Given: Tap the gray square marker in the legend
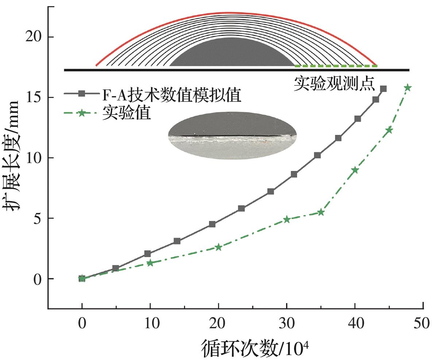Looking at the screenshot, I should [82, 94].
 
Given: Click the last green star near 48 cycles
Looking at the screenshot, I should [408, 88].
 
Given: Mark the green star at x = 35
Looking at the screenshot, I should [321, 212].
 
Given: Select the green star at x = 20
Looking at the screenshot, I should [219, 247].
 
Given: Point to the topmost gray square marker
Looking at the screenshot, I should [383, 89].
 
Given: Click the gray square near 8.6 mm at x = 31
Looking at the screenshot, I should [294, 175].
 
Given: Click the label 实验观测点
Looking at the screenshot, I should [335, 84].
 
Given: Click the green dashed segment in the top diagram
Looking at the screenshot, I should [336, 66].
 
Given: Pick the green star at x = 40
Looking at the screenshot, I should [355, 170].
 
